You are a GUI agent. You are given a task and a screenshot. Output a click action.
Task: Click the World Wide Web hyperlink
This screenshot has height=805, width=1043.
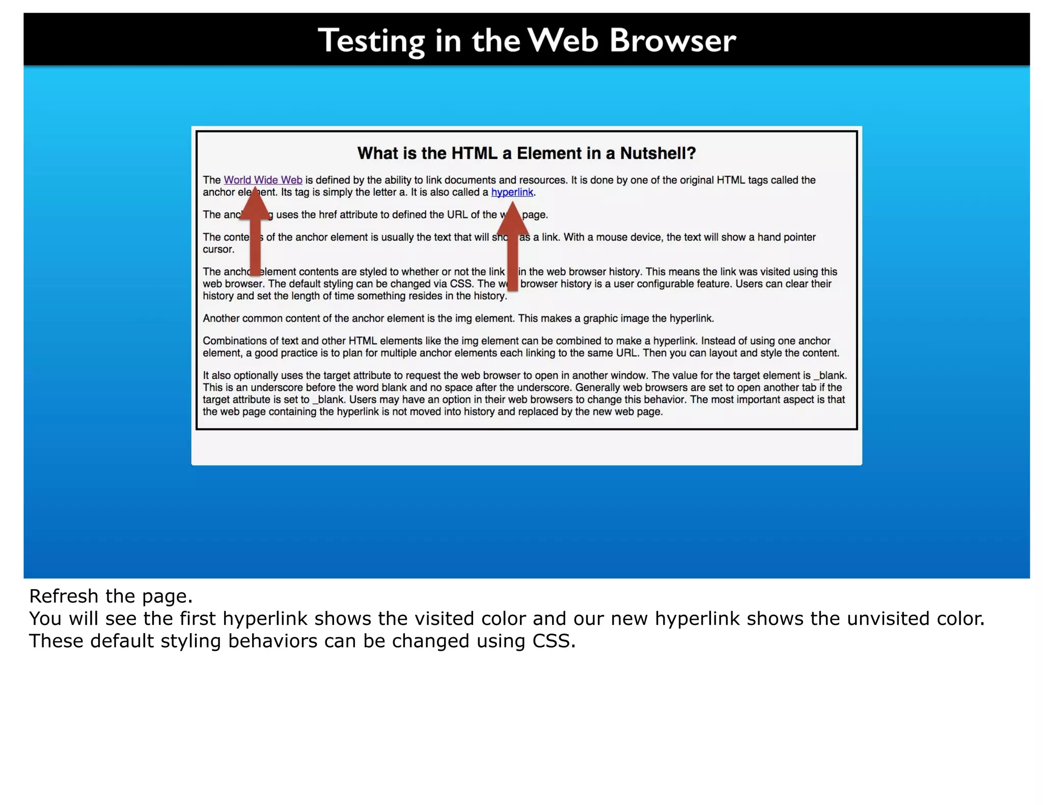[263, 180]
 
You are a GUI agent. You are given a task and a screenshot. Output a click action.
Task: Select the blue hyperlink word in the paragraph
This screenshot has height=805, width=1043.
[512, 192]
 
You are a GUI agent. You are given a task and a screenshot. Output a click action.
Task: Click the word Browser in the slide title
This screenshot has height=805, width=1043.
[672, 41]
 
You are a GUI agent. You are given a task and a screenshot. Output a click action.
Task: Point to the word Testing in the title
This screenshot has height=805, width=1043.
[371, 41]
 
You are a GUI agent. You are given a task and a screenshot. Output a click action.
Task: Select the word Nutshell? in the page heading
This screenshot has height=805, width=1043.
[657, 153]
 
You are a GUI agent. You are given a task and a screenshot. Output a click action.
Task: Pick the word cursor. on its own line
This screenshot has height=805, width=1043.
[218, 249]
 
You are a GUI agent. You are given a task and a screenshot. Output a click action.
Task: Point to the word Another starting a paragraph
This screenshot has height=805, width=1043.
[221, 319]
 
